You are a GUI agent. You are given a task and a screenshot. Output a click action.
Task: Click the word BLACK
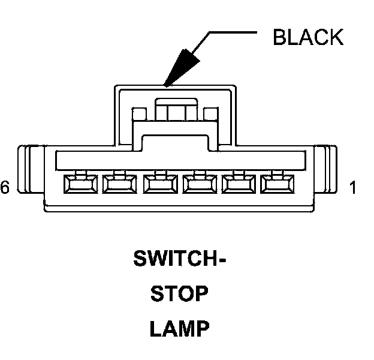click(307, 37)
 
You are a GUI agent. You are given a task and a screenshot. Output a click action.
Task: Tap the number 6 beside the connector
click(5, 188)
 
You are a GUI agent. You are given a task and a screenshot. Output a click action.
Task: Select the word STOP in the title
click(179, 294)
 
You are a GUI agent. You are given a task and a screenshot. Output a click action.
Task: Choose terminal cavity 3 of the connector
click(198, 184)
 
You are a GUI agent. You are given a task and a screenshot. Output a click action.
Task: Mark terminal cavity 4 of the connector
click(158, 184)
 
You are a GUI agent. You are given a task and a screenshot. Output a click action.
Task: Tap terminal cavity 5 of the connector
click(118, 184)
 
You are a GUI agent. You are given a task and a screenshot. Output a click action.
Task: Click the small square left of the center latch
click(139, 113)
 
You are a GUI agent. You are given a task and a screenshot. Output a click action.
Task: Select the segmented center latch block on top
click(175, 110)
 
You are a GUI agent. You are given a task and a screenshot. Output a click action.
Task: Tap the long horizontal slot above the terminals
click(180, 159)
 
